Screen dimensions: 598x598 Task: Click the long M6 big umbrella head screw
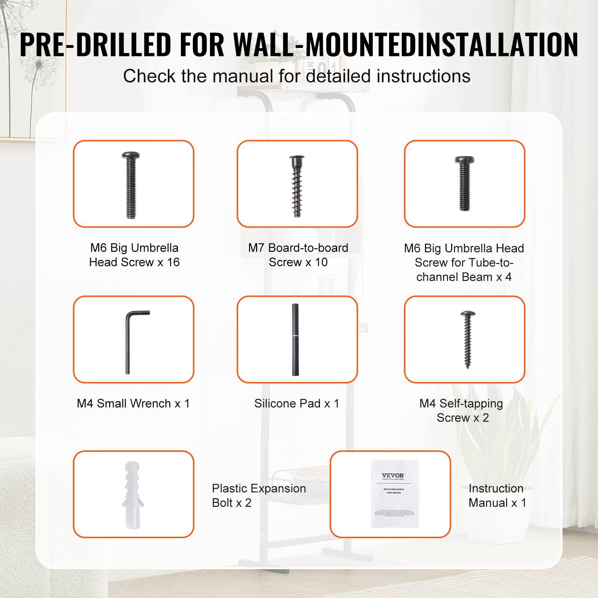(131, 185)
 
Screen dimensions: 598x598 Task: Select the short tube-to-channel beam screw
(464, 183)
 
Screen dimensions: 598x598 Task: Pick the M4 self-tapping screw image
(467, 339)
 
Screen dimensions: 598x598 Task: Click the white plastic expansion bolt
(133, 494)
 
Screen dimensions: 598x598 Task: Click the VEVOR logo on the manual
(393, 475)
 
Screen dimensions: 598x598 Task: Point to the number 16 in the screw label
(173, 262)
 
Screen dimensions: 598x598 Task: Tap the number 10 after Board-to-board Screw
(321, 262)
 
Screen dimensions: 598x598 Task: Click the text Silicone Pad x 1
(296, 404)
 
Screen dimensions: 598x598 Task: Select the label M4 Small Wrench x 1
(133, 404)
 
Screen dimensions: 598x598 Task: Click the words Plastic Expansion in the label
(259, 488)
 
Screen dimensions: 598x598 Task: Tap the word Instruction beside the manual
(496, 488)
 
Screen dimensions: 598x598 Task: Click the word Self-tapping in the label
(471, 404)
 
